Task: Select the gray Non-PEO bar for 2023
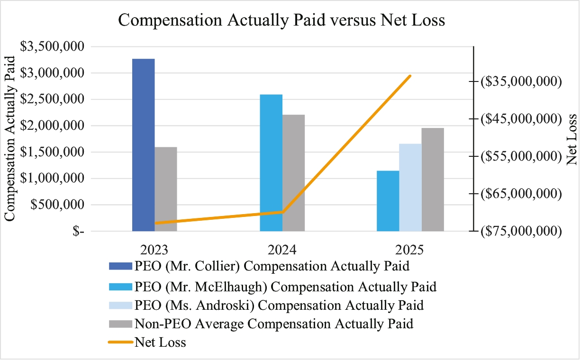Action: click(x=166, y=189)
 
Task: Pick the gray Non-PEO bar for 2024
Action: click(x=294, y=173)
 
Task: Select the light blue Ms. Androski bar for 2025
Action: click(x=410, y=187)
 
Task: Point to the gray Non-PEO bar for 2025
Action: click(x=433, y=180)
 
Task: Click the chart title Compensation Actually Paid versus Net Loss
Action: click(x=281, y=20)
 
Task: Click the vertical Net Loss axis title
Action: click(x=572, y=140)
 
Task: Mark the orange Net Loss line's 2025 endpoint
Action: click(x=410, y=76)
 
